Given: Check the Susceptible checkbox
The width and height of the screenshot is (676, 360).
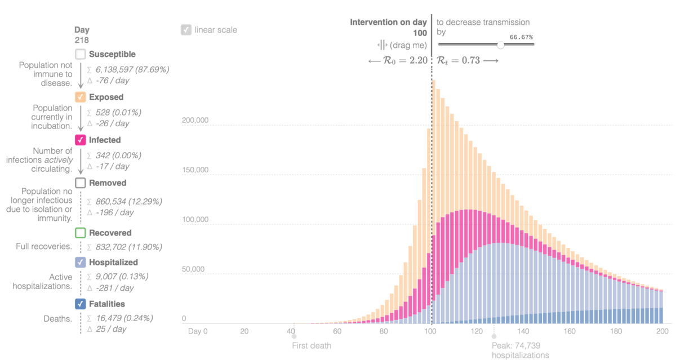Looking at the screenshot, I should (x=81, y=54).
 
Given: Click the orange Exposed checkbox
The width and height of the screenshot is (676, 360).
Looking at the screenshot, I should (x=81, y=97).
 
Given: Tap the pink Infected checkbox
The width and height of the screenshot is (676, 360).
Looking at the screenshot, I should (x=81, y=140).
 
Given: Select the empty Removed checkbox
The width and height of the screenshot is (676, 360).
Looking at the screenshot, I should (x=81, y=183).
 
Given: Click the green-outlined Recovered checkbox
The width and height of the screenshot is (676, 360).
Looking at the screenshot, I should (x=81, y=233).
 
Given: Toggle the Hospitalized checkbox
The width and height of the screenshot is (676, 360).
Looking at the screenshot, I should (x=81, y=262).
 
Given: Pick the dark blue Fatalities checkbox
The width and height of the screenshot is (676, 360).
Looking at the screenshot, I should (x=81, y=304).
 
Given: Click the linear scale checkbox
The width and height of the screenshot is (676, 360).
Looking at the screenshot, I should (x=186, y=30).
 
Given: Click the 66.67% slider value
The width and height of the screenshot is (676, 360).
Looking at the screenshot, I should (x=521, y=37).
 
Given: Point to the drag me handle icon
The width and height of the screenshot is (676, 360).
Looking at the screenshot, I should (x=382, y=45).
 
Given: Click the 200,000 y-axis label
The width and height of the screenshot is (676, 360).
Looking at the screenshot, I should (x=196, y=121).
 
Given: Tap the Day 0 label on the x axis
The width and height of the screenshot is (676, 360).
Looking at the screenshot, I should (x=198, y=331).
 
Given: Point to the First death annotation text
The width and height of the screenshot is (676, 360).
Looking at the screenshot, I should (x=312, y=345).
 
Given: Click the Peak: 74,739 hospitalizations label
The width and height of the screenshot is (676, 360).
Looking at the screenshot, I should (x=520, y=350).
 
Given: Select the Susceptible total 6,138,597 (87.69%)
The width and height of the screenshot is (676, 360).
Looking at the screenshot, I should (x=132, y=69).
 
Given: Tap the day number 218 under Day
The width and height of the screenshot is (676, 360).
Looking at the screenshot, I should (x=82, y=40).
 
